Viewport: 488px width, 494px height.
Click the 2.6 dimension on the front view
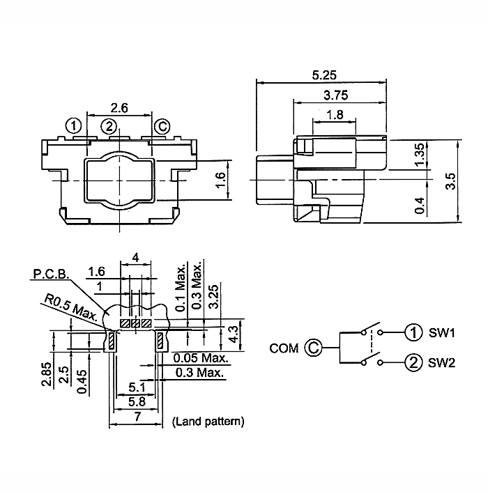(119, 108)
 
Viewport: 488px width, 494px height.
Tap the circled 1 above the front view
(74, 126)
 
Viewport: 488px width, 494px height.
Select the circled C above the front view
(161, 126)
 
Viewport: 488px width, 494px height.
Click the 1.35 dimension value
(420, 154)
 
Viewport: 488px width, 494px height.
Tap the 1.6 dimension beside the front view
(220, 180)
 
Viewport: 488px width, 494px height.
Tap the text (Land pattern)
(207, 421)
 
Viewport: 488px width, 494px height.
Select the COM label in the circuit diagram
(284, 347)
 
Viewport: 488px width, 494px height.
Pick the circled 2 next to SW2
(413, 362)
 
